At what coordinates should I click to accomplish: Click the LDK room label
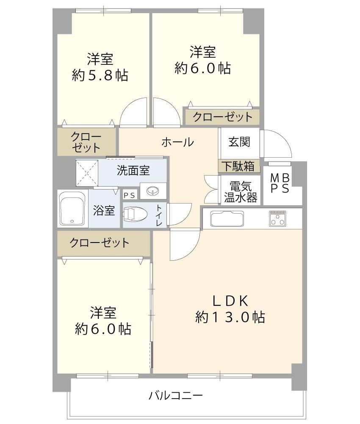[230, 301]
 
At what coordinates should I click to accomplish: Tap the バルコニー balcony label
[176, 396]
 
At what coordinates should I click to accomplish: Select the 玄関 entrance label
[239, 142]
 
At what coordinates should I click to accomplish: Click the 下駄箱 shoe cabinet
[239, 166]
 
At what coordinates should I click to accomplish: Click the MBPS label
[280, 183]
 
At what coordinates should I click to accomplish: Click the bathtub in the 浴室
[72, 209]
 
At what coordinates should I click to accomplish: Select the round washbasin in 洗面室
[153, 191]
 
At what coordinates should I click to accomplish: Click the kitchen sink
[227, 218]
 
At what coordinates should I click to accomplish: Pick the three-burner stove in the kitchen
[278, 218]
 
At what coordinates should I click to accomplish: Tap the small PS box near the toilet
[130, 195]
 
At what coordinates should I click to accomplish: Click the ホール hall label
[177, 142]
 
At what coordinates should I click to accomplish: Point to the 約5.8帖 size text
[100, 75]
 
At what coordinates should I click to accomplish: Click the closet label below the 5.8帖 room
[86, 142]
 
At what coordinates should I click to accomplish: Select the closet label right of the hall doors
[222, 117]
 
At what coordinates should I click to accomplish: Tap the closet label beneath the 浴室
[100, 243]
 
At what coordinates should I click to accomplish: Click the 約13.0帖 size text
[230, 317]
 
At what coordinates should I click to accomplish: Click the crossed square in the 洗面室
[87, 173]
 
